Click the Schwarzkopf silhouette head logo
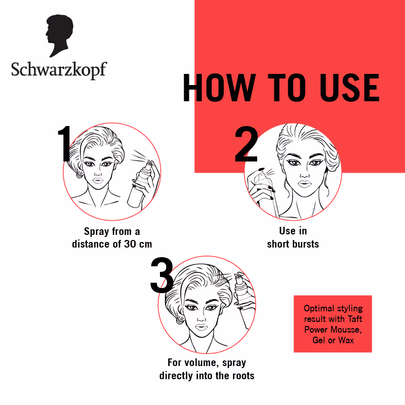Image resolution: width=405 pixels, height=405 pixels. (x=59, y=35)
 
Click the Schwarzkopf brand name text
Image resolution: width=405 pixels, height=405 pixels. (x=59, y=70)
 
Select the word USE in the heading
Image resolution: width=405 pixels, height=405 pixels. (x=349, y=88)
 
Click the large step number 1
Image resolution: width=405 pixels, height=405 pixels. (x=65, y=144)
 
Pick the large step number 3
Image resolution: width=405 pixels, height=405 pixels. (x=162, y=274)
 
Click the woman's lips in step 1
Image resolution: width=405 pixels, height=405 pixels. (x=98, y=180)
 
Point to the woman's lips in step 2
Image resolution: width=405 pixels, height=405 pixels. (x=305, y=184)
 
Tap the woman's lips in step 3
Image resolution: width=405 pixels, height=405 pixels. (x=201, y=327)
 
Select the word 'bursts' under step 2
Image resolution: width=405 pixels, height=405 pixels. (x=304, y=244)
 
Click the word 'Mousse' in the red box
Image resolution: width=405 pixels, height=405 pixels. (x=345, y=330)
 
